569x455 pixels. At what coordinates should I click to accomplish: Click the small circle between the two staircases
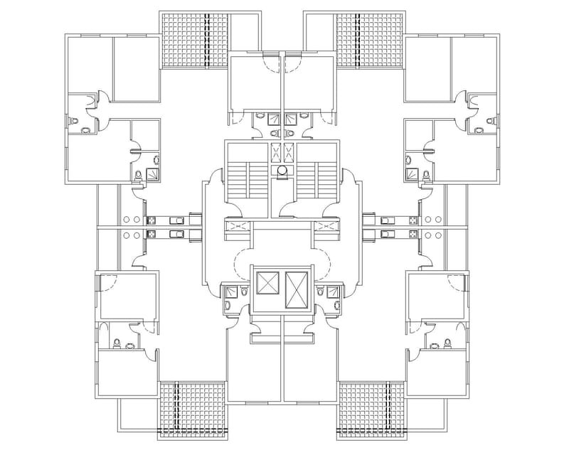coord(283,171)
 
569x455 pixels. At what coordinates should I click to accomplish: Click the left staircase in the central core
coord(245,181)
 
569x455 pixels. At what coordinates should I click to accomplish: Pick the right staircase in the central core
coord(316,181)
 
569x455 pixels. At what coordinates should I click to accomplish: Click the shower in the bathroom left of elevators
coord(229,291)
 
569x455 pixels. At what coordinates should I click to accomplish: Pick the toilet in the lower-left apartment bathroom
coord(129,346)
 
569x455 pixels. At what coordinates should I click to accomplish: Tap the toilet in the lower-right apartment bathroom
coord(447,343)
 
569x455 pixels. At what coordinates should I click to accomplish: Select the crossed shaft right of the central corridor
coord(326,227)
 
